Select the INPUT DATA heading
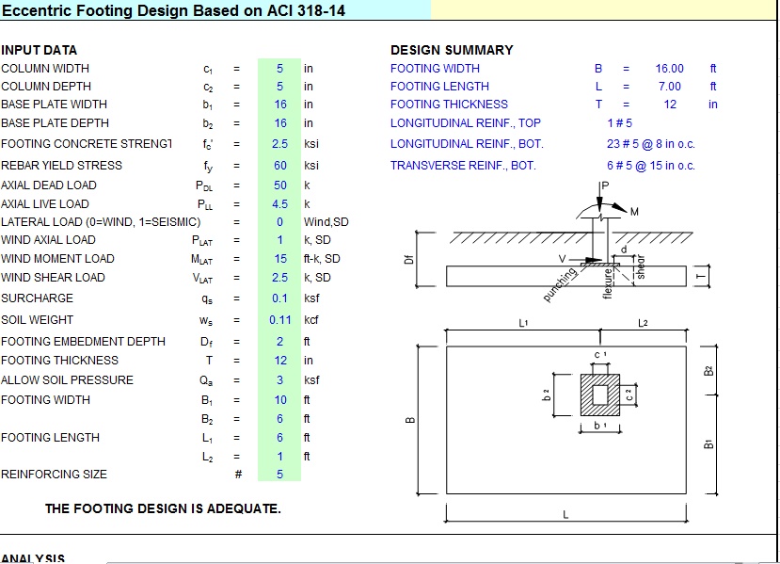40,50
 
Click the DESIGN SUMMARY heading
452,50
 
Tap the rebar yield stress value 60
279,166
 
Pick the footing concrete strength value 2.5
279,144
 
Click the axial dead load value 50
279,185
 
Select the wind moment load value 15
279,259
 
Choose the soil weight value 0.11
279,320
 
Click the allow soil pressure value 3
279,380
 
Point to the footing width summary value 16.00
669,69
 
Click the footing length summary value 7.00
669,87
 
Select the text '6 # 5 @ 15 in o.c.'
651,166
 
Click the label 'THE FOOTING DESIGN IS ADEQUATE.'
163,509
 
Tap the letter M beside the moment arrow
634,211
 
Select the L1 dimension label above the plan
524,324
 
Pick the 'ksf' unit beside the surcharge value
311,298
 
